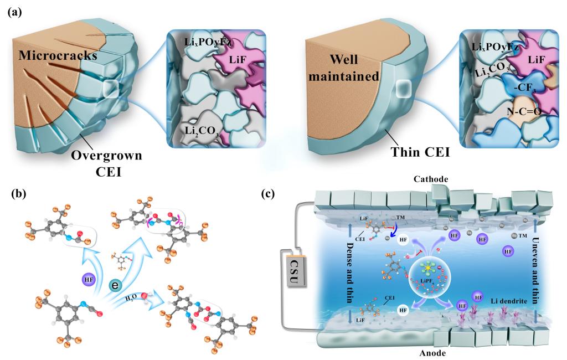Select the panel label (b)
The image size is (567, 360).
[x=13, y=194]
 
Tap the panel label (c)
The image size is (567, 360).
[x=268, y=194]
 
